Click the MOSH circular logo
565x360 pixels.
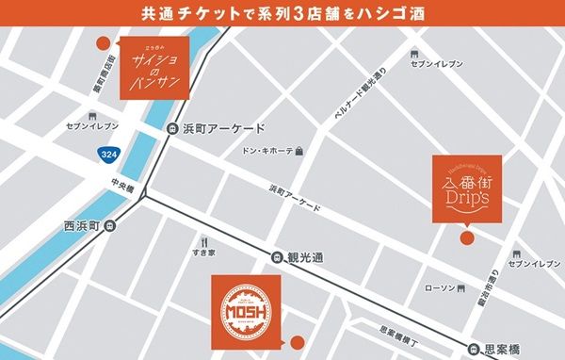243,306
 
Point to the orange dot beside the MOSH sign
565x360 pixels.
298,340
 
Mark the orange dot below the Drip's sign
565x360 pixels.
464,239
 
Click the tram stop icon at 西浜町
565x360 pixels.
110,225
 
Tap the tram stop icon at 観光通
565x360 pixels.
277,255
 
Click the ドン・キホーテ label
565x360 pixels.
266,151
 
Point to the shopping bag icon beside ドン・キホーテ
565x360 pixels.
299,151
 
